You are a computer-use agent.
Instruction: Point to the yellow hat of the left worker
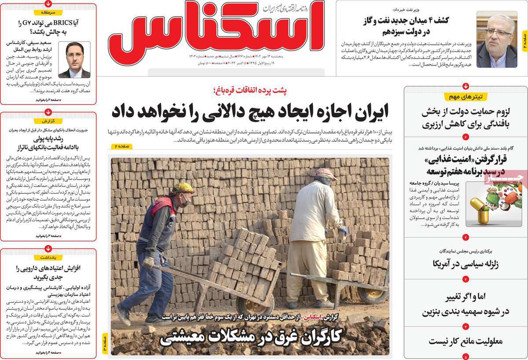click(183, 188)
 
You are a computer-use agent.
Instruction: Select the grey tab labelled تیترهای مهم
click(466, 96)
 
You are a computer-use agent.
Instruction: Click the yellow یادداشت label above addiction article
click(48, 256)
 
